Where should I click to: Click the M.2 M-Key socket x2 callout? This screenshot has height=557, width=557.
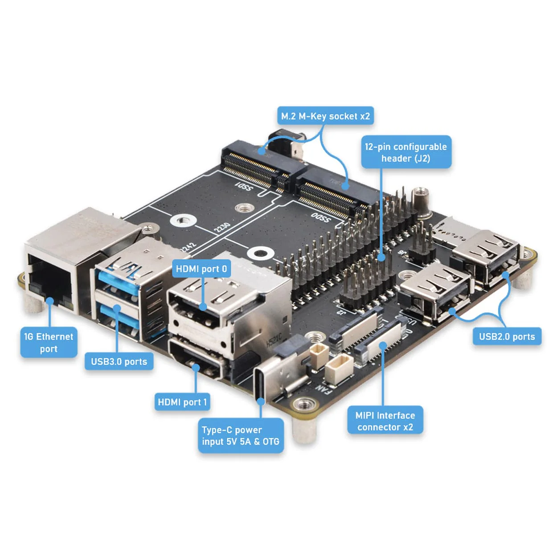[x=325, y=116]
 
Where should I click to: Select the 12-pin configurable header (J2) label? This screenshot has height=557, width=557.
[x=405, y=152]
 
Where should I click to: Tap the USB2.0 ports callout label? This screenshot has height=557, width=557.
[x=507, y=336]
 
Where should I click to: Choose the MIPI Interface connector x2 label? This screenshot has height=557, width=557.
[x=385, y=421]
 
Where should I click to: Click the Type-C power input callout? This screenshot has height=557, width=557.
[x=241, y=436]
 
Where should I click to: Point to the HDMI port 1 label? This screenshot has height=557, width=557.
[x=182, y=402]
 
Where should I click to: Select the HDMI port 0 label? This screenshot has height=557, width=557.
[x=201, y=269]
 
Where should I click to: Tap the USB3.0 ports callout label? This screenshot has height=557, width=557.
[x=119, y=361]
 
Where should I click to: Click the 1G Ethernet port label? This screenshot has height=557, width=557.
[x=49, y=343]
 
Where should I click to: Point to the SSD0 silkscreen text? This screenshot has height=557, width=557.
[x=321, y=218]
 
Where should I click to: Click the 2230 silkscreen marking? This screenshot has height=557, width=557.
[x=222, y=228]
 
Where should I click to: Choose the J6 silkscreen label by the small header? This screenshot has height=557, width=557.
[x=402, y=253]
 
